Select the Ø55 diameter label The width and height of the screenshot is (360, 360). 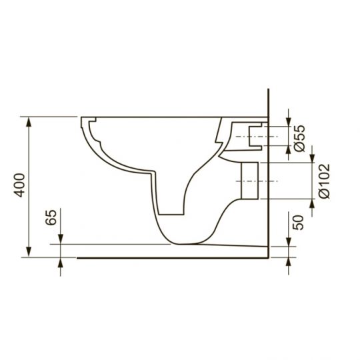pyautogui.click(x=299, y=137)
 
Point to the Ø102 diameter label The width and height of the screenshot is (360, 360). pyautogui.click(x=324, y=180)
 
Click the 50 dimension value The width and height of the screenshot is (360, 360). pyautogui.click(x=299, y=222)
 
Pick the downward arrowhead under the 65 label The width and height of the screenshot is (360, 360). pyautogui.click(x=61, y=239)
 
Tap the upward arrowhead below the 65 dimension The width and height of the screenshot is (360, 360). pyautogui.click(x=61, y=262)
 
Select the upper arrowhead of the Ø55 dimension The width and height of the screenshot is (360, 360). pyautogui.click(x=288, y=121)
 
